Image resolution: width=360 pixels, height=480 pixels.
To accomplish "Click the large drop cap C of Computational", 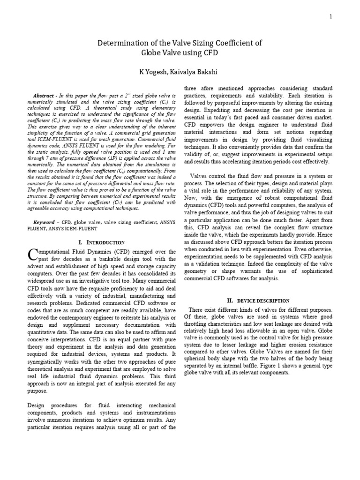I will (x=32, y=254).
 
